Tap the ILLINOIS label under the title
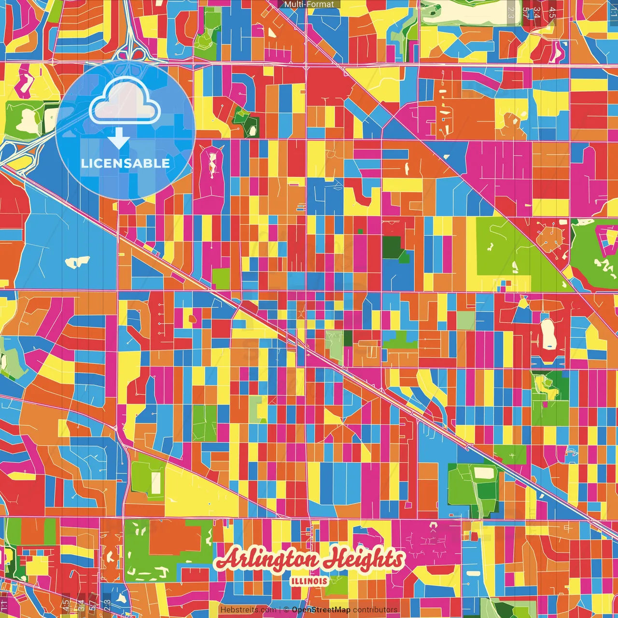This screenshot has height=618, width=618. point(309,581)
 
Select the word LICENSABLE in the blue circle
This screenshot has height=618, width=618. point(125,163)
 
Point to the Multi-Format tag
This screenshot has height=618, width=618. point(309,4)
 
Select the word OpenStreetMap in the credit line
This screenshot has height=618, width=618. point(321,610)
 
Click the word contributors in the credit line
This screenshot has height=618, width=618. point(375,610)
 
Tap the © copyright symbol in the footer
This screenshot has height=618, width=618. point(286,610)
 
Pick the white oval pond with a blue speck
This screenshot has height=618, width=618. point(548,334)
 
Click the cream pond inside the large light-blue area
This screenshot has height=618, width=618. point(77,262)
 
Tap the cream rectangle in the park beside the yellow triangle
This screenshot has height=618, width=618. point(155,483)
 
